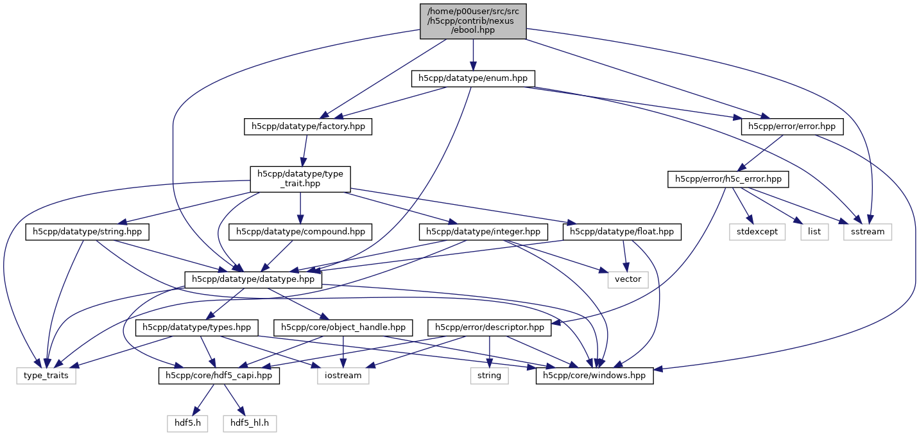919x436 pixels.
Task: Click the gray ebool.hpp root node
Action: (x=472, y=21)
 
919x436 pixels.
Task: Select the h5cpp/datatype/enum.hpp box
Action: (x=473, y=78)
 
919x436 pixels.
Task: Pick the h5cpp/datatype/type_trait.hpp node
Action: (x=300, y=179)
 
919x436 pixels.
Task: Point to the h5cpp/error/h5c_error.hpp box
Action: (x=728, y=179)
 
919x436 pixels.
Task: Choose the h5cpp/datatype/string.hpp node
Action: (x=88, y=231)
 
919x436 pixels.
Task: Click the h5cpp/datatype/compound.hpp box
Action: (x=301, y=231)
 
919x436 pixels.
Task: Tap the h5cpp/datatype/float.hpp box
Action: (x=623, y=231)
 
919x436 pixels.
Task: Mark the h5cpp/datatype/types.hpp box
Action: (x=197, y=327)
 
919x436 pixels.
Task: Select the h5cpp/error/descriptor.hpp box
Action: (x=490, y=327)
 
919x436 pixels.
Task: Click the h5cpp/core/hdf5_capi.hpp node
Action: (x=219, y=376)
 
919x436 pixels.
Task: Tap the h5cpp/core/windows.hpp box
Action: (x=595, y=376)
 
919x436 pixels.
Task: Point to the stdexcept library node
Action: (x=757, y=231)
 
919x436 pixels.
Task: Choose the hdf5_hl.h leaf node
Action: (x=250, y=423)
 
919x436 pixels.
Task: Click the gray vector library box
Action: (x=628, y=279)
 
